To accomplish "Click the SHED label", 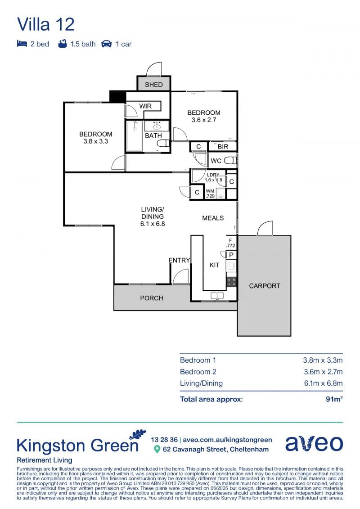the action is click(153, 85).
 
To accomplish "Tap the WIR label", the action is click(145, 106).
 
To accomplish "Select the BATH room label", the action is click(153, 135).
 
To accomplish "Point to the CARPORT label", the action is click(265, 286).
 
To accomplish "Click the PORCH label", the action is click(152, 297).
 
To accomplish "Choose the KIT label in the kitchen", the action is click(214, 265).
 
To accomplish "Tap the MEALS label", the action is click(213, 218).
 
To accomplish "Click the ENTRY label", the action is click(179, 260).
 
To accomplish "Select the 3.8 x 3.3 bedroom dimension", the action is click(95, 141).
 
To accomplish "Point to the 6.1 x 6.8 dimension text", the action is click(153, 224).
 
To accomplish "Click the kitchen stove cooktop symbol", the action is click(231, 282).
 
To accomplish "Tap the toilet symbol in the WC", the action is click(230, 160).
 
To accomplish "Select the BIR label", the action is click(223, 146).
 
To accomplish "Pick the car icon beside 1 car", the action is click(107, 44).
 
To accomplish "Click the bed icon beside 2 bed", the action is click(22, 44).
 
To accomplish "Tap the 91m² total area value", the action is click(334, 399).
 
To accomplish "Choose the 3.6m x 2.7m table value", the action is click(323, 372).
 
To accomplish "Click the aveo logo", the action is click(314, 443).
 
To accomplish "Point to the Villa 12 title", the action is click(46, 24).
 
